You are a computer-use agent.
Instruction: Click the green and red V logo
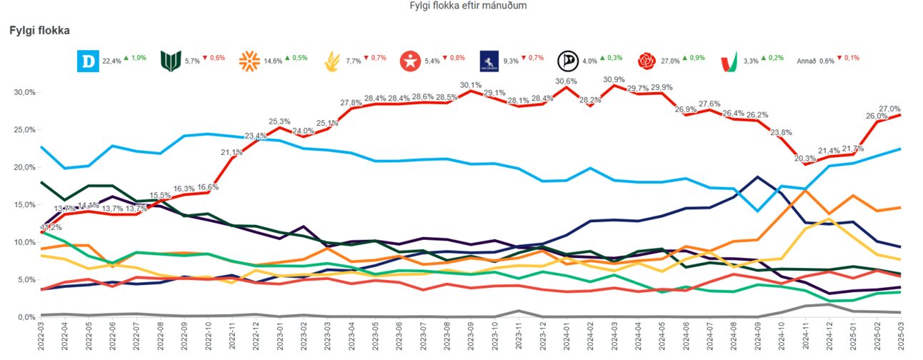(729, 61)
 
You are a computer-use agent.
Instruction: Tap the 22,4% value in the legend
(112, 61)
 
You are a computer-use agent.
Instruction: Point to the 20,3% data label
(804, 158)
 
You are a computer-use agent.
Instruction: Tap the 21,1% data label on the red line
(231, 151)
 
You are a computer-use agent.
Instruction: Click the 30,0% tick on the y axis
(26, 92)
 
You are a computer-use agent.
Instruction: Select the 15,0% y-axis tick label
(26, 205)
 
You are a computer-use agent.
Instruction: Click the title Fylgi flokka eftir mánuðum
(468, 6)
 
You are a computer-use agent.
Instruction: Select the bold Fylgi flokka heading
(39, 31)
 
